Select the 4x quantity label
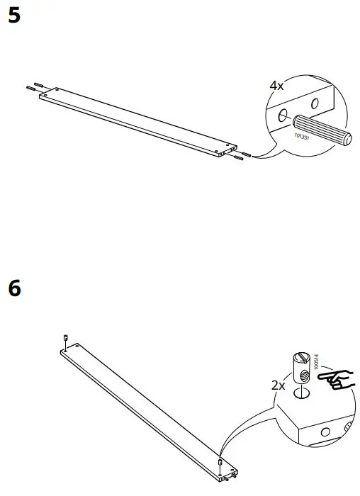276,86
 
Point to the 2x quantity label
279,386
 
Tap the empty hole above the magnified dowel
315,104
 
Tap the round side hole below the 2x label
326,432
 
